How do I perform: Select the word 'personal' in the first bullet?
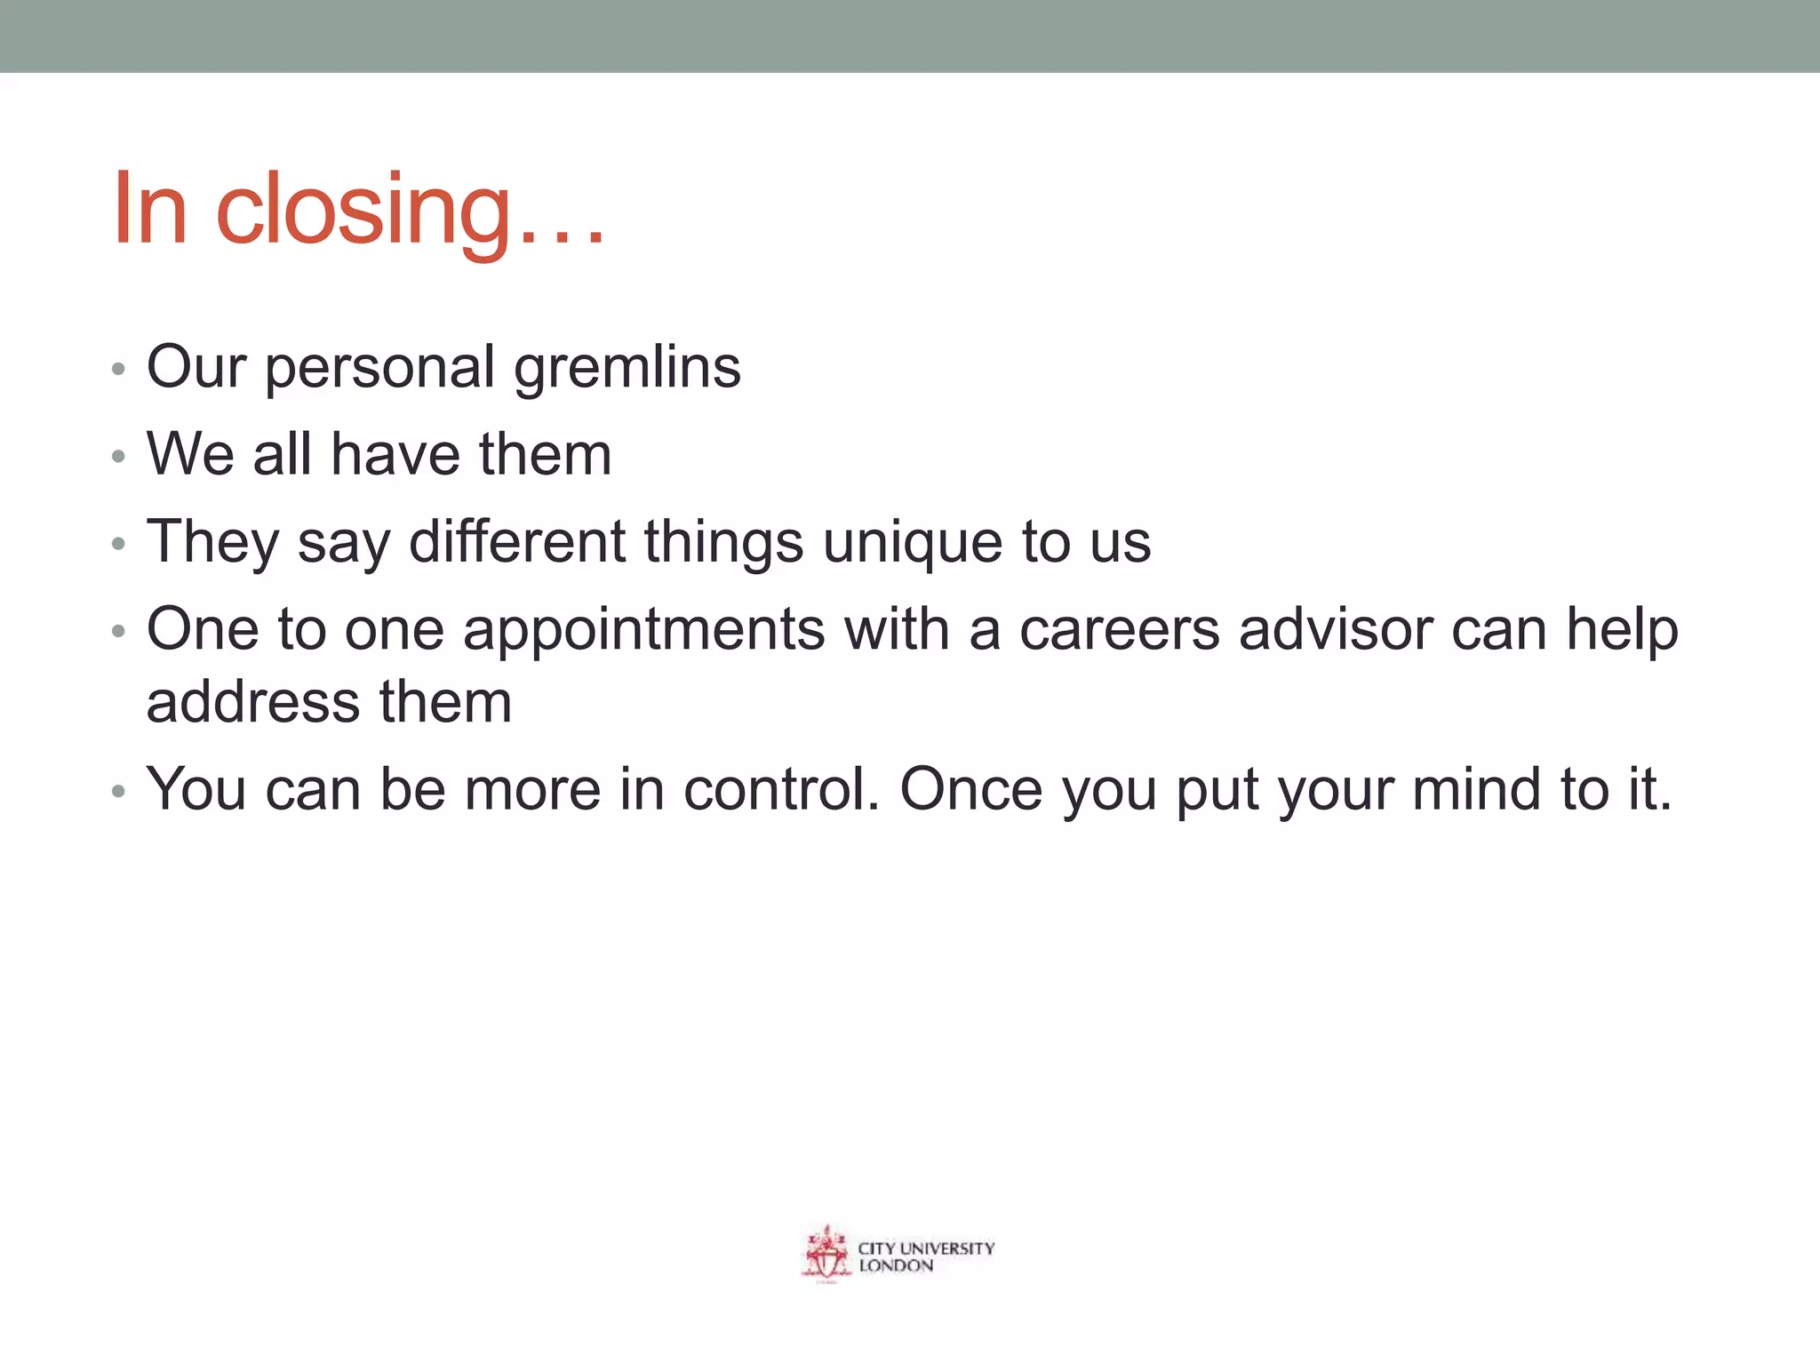click(x=379, y=368)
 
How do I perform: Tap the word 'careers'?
click(x=1119, y=629)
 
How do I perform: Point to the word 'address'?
click(x=252, y=702)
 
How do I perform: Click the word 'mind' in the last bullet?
click(x=1476, y=789)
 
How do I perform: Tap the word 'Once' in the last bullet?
click(x=970, y=789)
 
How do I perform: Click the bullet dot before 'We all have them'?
click(x=119, y=458)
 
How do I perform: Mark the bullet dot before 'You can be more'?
click(x=119, y=792)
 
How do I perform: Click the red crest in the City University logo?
click(x=826, y=1254)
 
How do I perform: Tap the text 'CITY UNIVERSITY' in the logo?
click(x=926, y=1248)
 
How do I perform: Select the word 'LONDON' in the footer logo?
click(x=896, y=1266)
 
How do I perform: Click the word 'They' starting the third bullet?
click(x=212, y=541)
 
